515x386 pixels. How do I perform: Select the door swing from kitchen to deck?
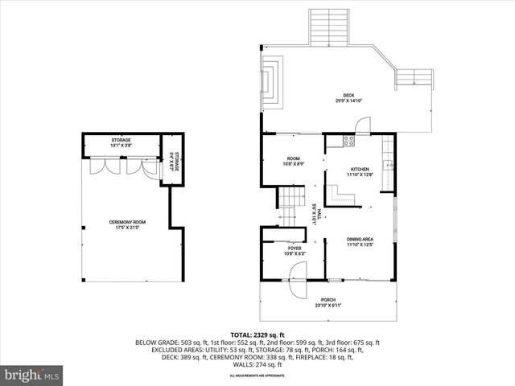pos(365,125)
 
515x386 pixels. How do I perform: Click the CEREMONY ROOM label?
pos(127,224)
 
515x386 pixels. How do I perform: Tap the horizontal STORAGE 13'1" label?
pos(121,142)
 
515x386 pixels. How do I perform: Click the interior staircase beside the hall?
pos(290,206)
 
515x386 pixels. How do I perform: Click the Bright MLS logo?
pos(32,375)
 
